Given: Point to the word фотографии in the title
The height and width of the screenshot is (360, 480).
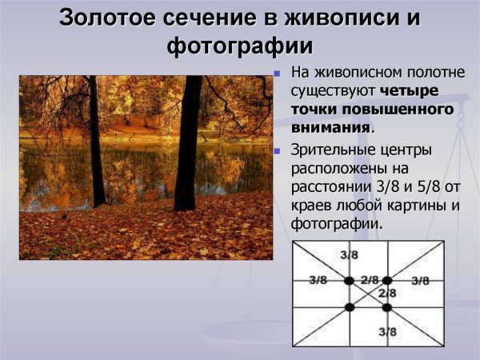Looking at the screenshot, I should click(239, 45).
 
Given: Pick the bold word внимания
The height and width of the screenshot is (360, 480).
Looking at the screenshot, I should click(330, 126).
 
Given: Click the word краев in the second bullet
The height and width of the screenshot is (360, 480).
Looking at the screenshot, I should click(313, 206).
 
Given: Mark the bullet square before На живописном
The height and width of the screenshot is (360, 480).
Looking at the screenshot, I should click(277, 73).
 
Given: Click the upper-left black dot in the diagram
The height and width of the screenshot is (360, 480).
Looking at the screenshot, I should click(349, 281).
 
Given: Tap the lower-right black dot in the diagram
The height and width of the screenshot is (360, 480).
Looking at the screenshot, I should click(386, 307).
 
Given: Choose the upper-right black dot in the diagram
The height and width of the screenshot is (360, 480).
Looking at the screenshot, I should click(386, 281).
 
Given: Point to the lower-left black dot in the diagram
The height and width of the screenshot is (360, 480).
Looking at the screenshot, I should click(349, 307).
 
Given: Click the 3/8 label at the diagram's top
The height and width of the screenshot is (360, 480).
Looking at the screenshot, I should click(349, 254).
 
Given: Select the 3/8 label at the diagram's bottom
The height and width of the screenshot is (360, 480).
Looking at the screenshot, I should click(387, 331).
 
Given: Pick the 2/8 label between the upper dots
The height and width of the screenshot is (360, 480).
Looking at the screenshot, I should click(369, 280).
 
